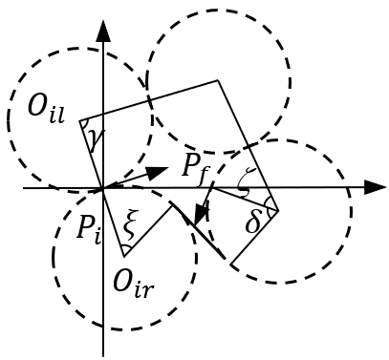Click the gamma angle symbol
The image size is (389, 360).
(x=95, y=141)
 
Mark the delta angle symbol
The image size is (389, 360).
(x=252, y=222)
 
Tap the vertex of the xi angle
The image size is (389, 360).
(x=124, y=256)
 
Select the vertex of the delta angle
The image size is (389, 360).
(x=277, y=208)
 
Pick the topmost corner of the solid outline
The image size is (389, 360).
(x=219, y=80)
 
